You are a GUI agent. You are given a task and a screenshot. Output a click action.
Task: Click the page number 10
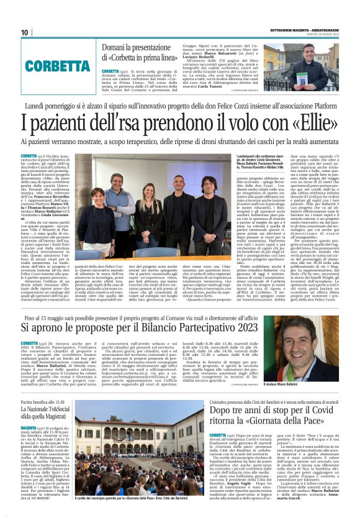[x=25, y=32]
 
